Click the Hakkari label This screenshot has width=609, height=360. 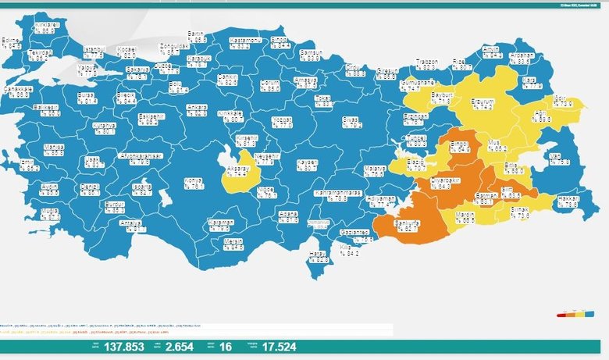[x=568, y=201]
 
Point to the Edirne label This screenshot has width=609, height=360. [x=12, y=43]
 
